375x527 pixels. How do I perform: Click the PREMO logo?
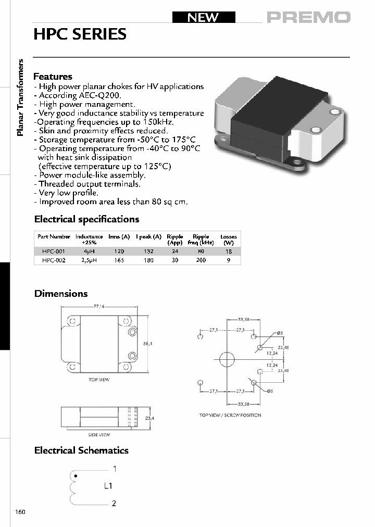(308, 17)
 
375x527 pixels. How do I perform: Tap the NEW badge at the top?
(203, 17)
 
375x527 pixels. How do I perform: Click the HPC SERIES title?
(80, 34)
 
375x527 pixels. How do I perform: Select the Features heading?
(53, 77)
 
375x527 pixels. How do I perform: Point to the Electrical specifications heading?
(86, 219)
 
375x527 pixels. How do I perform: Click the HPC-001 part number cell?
(54, 251)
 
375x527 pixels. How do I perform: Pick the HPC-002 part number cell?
(54, 260)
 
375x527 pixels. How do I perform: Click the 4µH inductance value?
(89, 251)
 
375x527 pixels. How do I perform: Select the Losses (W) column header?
(228, 240)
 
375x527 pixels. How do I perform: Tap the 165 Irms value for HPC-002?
(119, 260)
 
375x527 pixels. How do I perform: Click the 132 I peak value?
(148, 251)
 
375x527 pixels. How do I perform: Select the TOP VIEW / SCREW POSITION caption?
(230, 415)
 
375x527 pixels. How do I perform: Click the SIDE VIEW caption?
(99, 435)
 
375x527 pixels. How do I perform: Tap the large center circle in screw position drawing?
(228, 359)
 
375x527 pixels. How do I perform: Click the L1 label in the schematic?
(108, 486)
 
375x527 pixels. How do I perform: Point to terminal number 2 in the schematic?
(114, 503)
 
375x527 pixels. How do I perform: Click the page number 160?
(20, 512)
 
